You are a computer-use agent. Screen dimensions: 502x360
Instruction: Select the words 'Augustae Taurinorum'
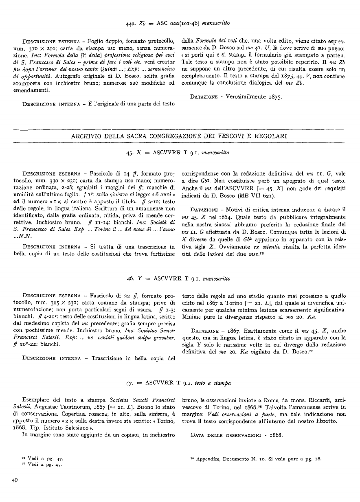55,401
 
